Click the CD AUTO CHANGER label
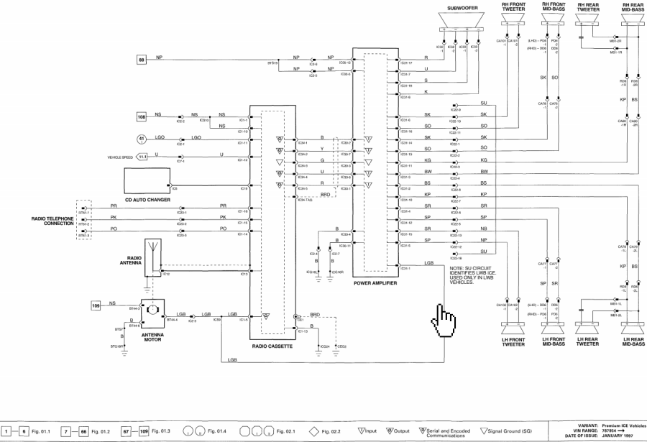pos(147,200)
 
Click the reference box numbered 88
pos(142,60)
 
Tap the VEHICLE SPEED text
pos(120,156)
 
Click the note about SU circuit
pos(458,276)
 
